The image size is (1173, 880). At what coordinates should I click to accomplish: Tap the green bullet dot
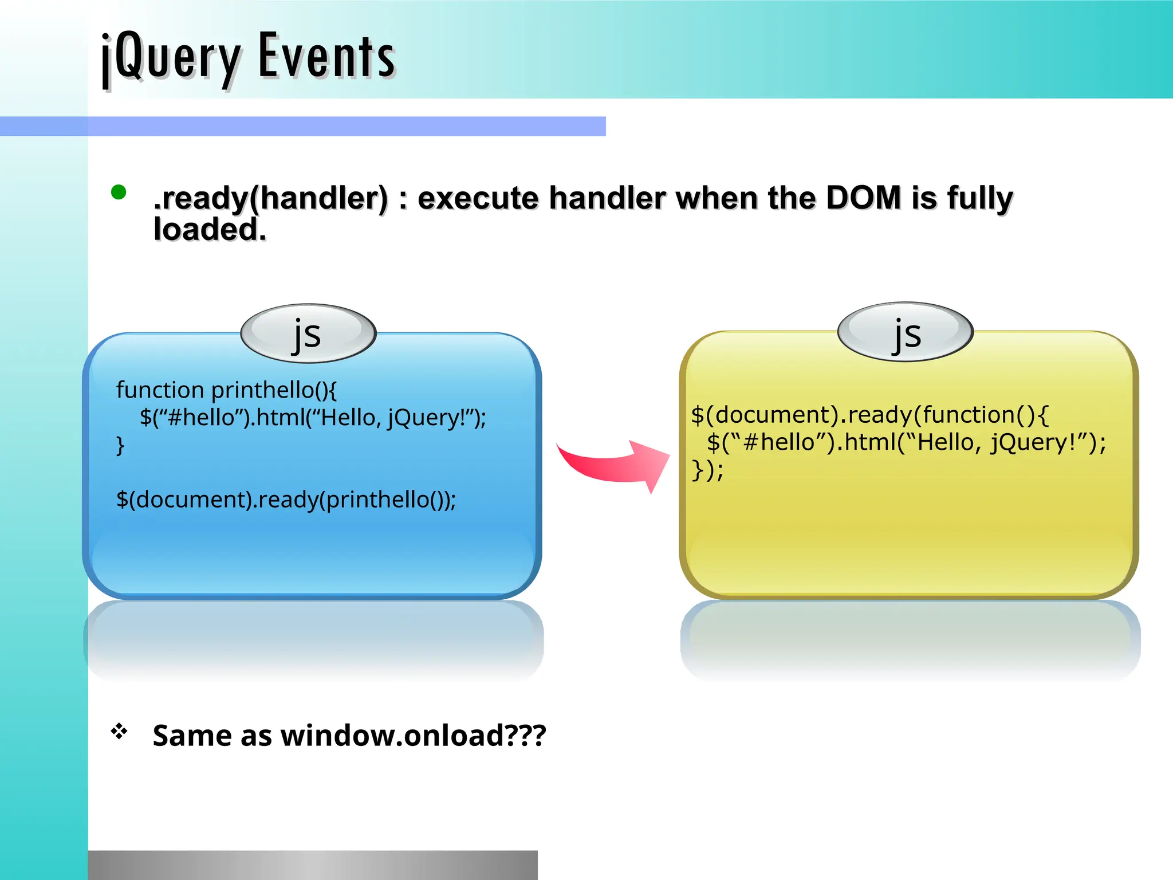[119, 192]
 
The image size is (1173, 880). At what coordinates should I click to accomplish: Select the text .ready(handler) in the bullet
[271, 198]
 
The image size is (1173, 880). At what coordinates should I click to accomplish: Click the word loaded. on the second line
[210, 230]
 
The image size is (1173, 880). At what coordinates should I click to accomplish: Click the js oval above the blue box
[308, 333]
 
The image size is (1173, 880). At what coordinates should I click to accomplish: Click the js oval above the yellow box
[906, 332]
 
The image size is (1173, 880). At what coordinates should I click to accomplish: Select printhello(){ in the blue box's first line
[274, 390]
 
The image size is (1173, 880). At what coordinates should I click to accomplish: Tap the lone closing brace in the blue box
[120, 445]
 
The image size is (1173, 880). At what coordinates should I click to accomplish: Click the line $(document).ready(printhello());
[286, 500]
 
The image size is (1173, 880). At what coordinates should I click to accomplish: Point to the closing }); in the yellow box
[707, 470]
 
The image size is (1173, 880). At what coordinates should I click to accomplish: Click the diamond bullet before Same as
[119, 731]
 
